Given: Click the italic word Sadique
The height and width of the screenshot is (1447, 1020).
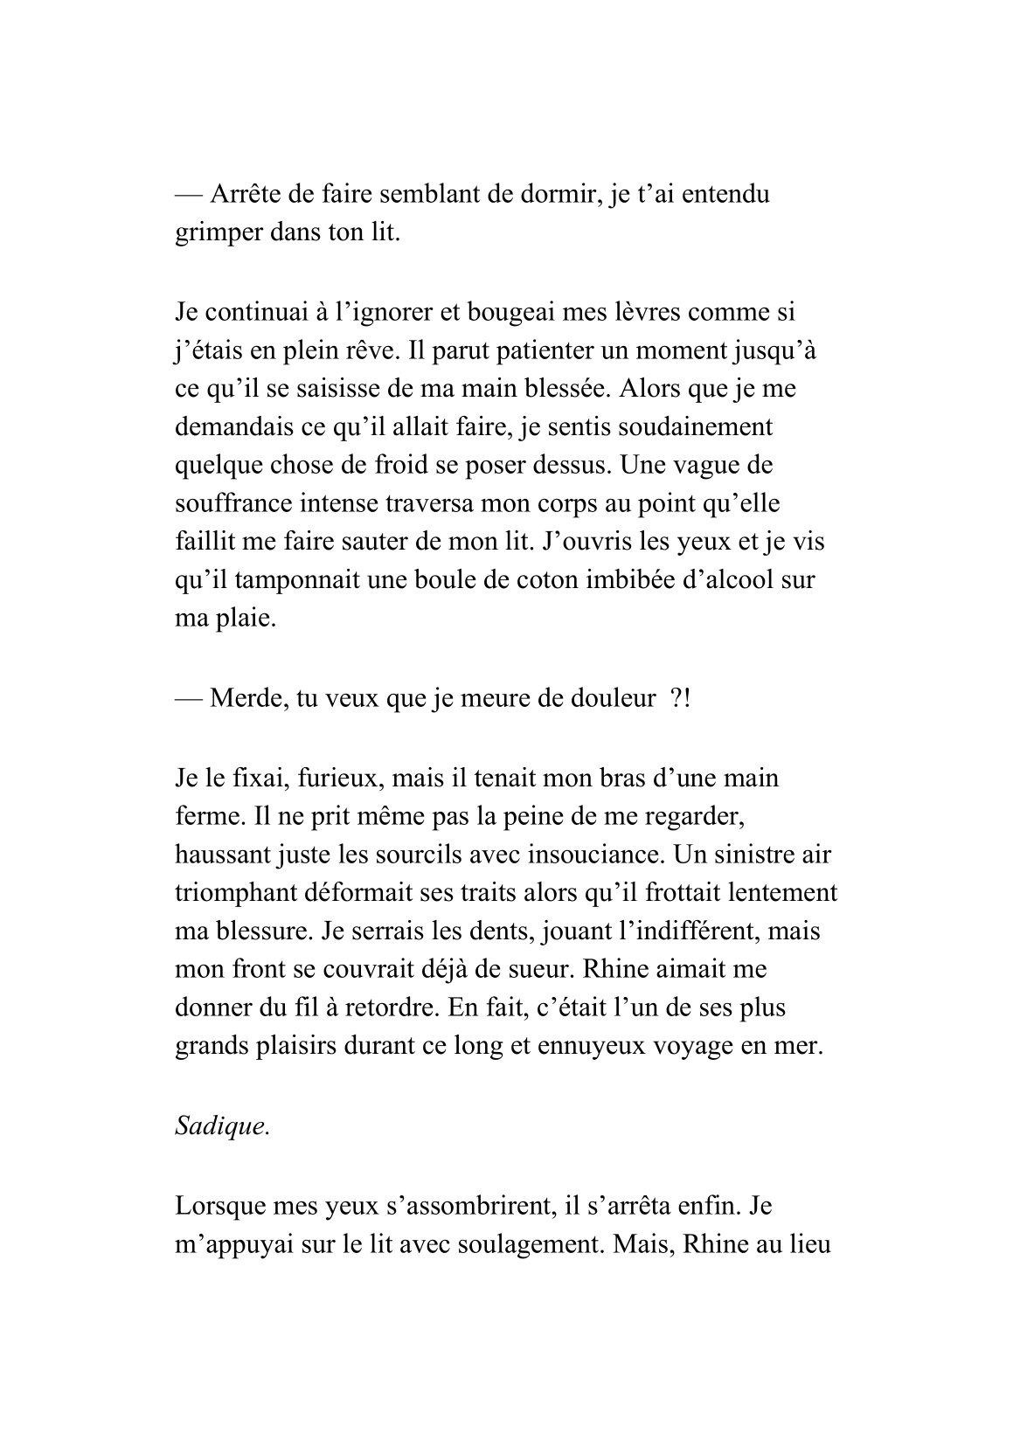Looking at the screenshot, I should (222, 1125).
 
